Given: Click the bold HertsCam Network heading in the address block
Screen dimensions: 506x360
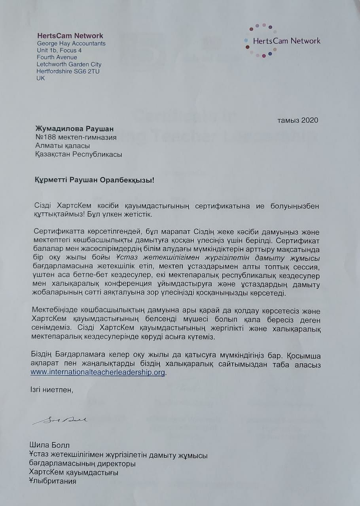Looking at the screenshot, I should tap(70, 36).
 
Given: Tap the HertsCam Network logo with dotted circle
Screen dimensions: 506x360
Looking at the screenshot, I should tap(282, 41).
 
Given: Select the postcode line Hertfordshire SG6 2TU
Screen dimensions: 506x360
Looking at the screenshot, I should tap(68, 71).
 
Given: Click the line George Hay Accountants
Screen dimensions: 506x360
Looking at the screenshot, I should tap(71, 43).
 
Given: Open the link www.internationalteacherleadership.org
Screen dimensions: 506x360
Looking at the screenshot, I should tap(98, 372).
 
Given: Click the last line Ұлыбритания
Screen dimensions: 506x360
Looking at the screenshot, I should tap(53, 481).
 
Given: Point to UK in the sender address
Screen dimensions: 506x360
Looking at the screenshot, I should tap(41, 78).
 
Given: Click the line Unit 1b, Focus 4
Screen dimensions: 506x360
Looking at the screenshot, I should tap(59, 51).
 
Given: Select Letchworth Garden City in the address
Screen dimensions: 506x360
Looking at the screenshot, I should tap(69, 64).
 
